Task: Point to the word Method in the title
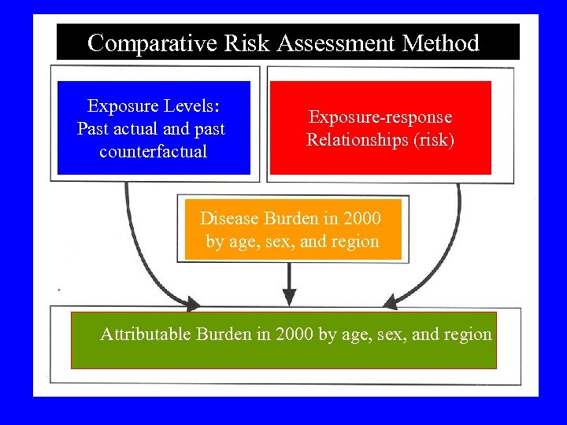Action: coord(441,42)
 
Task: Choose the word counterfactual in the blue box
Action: coord(154,151)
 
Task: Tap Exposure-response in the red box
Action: coord(380,117)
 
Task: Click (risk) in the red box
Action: coord(429,141)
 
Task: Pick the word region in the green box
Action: coord(465,334)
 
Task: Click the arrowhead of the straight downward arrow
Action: coord(289,297)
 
